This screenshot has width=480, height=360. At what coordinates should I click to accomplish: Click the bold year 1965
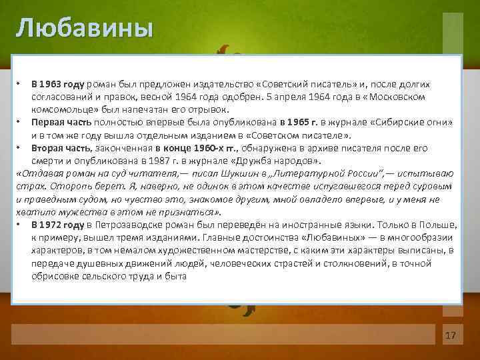294,122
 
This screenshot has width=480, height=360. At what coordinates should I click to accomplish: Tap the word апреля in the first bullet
272,97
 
